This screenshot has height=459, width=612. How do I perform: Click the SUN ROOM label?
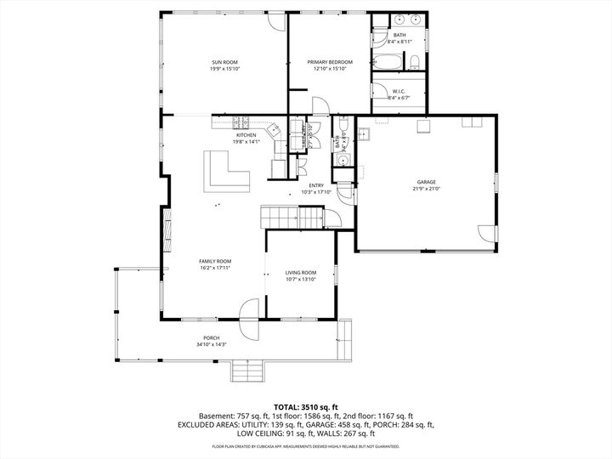click(224, 63)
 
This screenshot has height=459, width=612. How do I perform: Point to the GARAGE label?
click(426, 182)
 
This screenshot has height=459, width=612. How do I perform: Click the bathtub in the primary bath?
click(386, 62)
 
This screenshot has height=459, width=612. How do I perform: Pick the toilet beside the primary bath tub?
click(412, 61)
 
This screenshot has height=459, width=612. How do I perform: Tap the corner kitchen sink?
click(274, 131)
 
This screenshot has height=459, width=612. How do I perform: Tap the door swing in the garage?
click(485, 234)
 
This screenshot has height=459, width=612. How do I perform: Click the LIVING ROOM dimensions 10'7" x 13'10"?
click(301, 279)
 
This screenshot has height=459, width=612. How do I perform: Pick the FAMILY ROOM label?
click(215, 261)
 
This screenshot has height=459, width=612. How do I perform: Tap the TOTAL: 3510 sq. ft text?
click(305, 406)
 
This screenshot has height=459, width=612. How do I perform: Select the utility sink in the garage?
click(364, 133)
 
